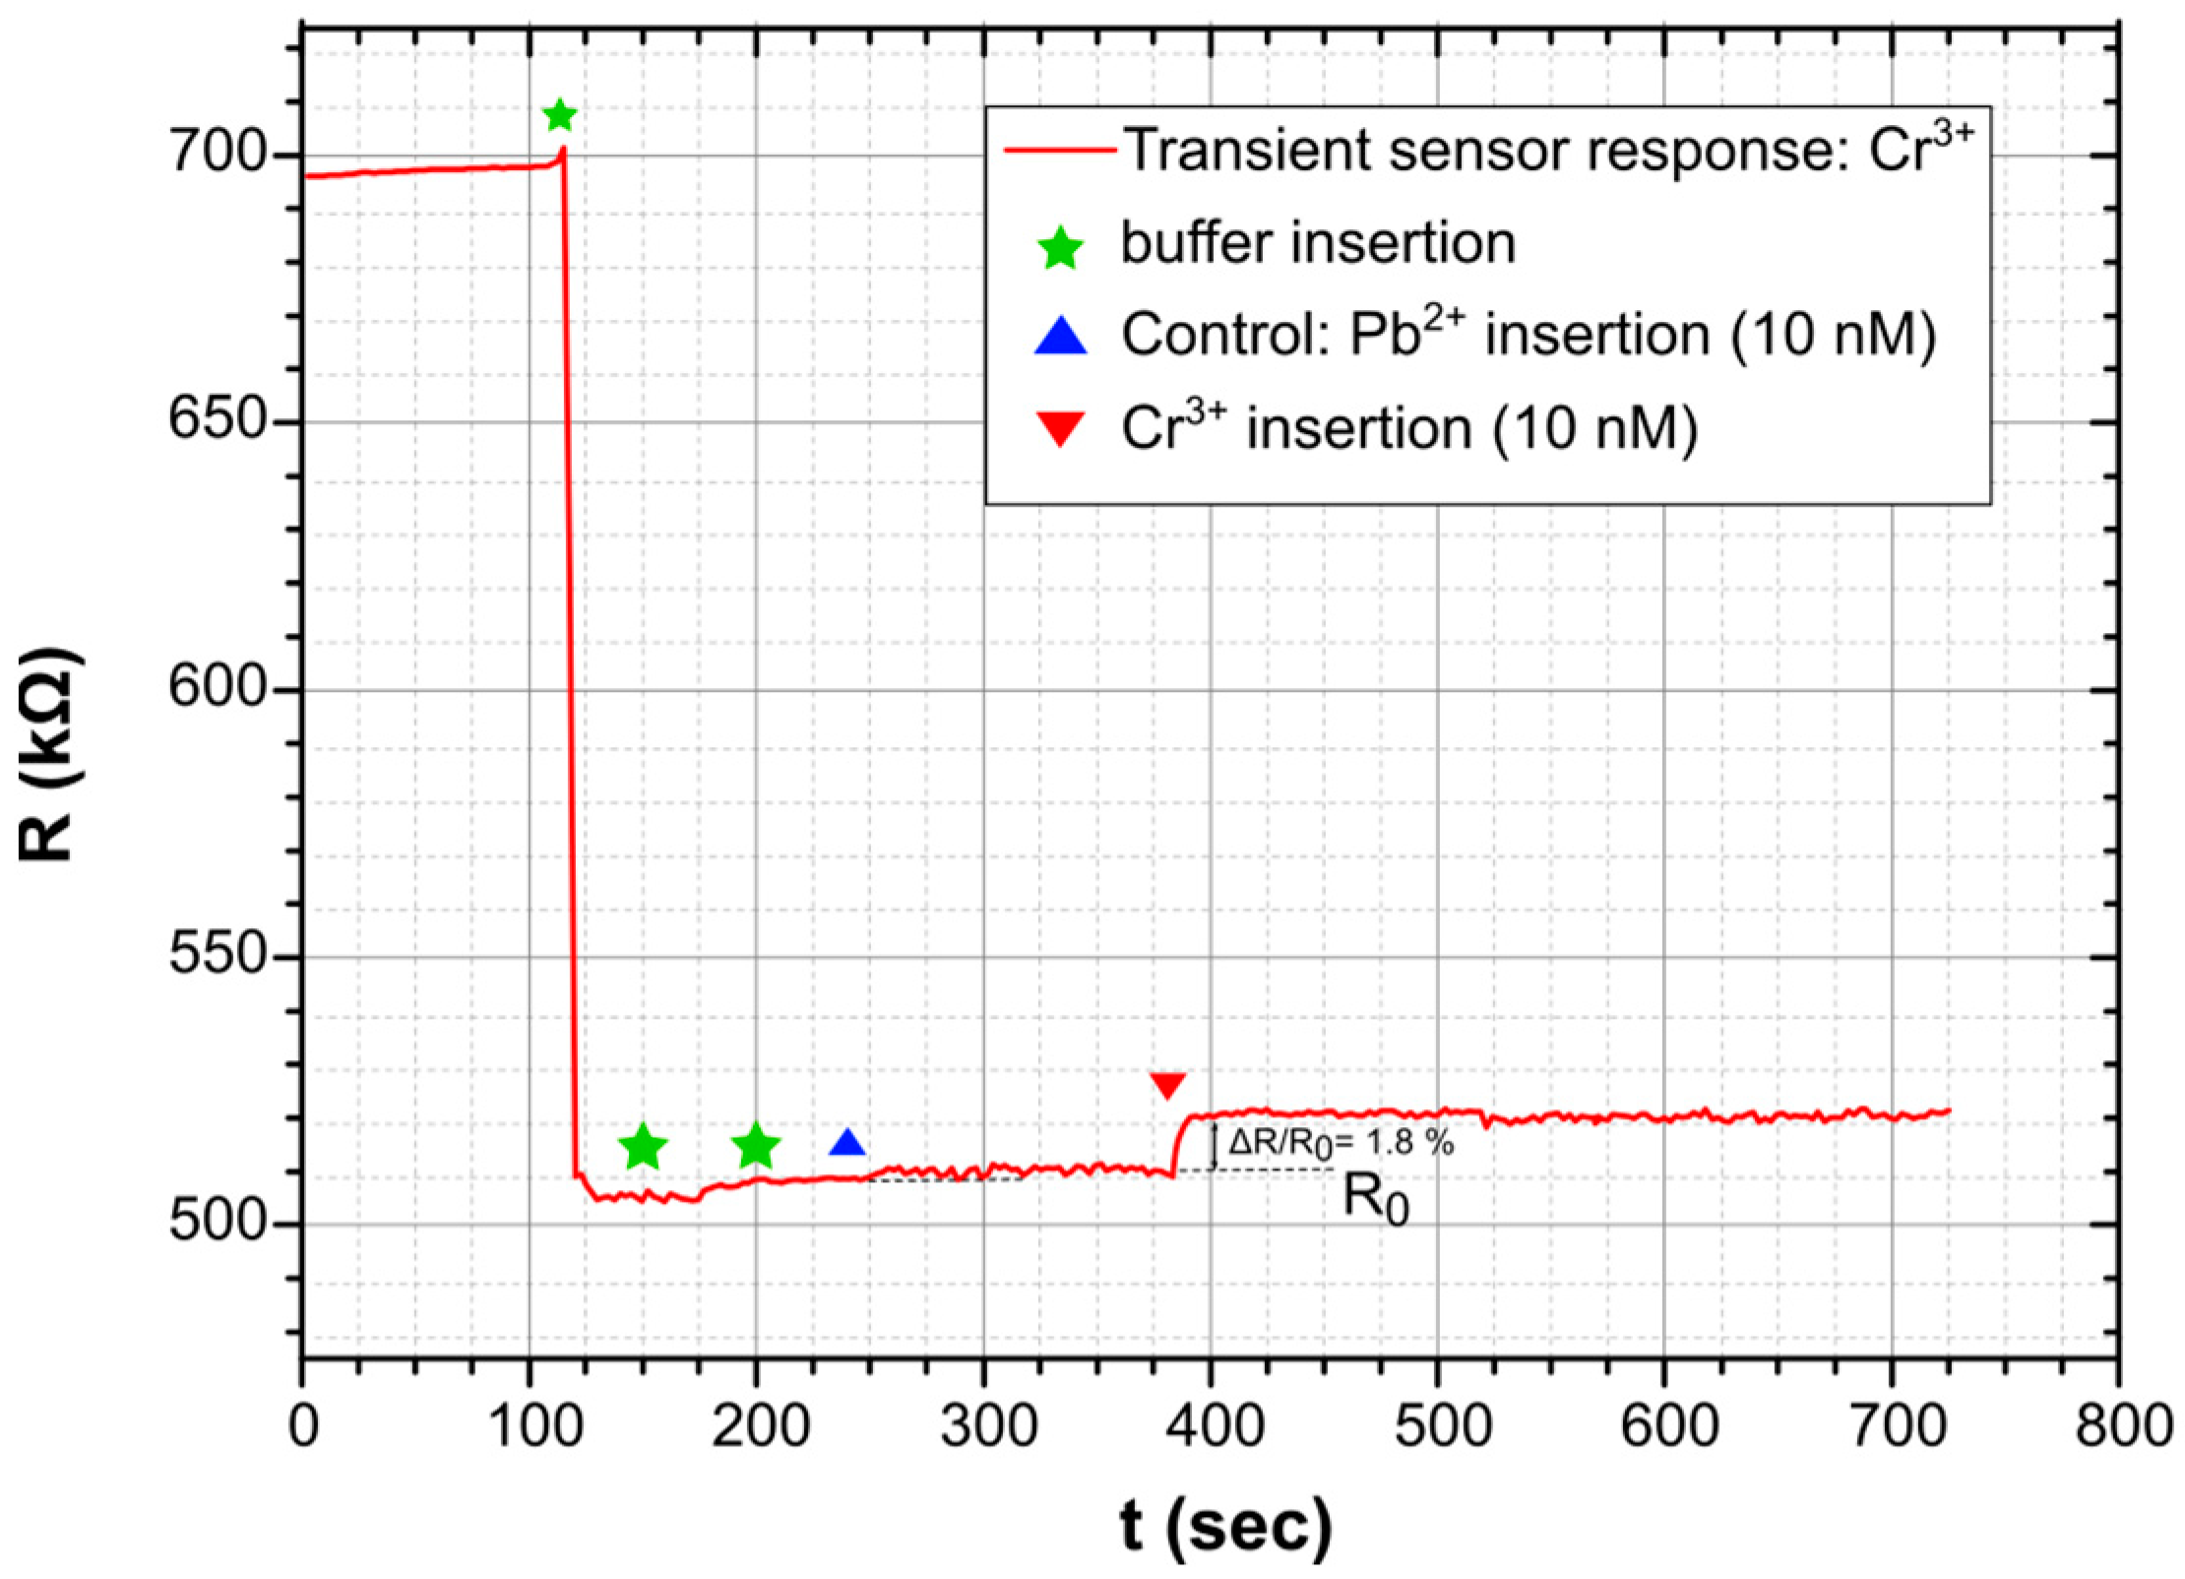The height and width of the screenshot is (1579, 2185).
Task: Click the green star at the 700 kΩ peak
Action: click(x=559, y=116)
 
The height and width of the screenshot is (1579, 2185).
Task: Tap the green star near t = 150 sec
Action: click(x=643, y=1146)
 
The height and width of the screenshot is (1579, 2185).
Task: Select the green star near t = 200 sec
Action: click(x=756, y=1145)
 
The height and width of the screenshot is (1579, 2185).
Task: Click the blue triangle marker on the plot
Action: click(x=847, y=1144)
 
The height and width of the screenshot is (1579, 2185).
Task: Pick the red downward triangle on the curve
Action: click(x=1168, y=1085)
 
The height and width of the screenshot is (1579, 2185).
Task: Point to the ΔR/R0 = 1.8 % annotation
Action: click(x=1341, y=1143)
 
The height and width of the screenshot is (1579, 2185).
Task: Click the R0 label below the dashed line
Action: click(x=1376, y=1200)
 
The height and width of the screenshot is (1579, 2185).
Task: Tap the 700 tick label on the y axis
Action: click(x=217, y=154)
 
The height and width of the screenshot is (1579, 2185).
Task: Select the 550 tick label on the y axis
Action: click(x=217, y=954)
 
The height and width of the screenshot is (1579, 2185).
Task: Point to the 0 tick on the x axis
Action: click(x=304, y=1425)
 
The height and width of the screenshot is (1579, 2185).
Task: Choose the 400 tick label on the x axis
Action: click(x=1213, y=1425)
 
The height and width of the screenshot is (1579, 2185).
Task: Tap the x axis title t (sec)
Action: click(x=1225, y=1527)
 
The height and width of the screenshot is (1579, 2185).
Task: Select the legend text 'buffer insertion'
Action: click(x=1319, y=242)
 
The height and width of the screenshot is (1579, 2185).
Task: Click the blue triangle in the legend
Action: click(x=1061, y=336)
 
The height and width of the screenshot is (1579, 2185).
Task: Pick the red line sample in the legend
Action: click(x=1060, y=151)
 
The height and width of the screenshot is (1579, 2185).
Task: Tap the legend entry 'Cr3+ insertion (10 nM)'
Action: click(x=1409, y=429)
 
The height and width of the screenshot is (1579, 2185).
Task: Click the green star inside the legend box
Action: click(x=1061, y=246)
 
